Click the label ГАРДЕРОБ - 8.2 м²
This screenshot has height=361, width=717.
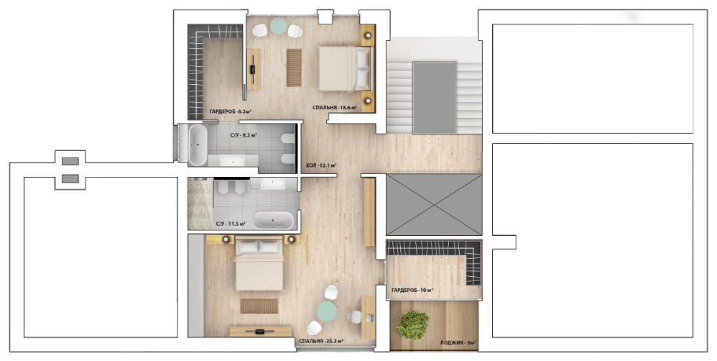[x=231, y=111]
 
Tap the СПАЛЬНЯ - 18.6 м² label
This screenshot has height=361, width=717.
[x=335, y=108]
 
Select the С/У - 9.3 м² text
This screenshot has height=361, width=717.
[x=244, y=135]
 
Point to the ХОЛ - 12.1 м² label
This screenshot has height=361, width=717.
[x=321, y=165]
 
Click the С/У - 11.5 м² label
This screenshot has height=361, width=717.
[x=231, y=224]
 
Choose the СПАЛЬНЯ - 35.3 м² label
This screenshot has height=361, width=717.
[x=321, y=341]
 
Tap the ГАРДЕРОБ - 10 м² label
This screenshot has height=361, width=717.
[x=412, y=290]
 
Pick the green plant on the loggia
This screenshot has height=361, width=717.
[x=412, y=325]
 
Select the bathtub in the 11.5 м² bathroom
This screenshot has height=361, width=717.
[x=274, y=220]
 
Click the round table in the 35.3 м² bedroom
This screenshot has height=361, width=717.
[x=327, y=311]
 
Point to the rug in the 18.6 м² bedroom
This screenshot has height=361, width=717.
[x=294, y=68]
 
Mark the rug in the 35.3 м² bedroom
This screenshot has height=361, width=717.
[x=259, y=306]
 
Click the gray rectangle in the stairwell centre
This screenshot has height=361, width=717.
[x=435, y=99]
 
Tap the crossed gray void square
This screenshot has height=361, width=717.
[x=434, y=204]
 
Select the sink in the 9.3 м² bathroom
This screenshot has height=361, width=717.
[x=233, y=161]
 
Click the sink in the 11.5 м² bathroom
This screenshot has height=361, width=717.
[x=274, y=184]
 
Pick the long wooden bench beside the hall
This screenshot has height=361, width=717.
[x=369, y=211]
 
